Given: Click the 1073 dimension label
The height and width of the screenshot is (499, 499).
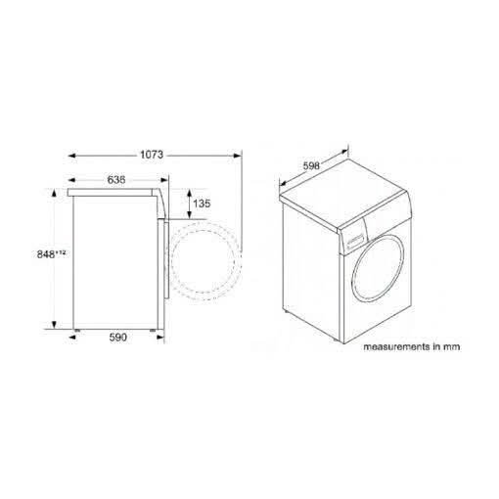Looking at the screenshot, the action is (152, 155).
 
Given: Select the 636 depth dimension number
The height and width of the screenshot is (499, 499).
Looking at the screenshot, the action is (116, 180).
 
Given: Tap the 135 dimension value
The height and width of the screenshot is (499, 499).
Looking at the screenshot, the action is (202, 204).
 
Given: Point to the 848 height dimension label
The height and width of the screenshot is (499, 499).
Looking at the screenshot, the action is (46, 254).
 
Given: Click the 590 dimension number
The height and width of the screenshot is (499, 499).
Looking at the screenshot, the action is (117, 338).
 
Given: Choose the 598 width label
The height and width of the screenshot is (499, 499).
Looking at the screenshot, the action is (311, 166).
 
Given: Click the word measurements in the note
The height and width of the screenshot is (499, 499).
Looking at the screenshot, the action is (396, 346).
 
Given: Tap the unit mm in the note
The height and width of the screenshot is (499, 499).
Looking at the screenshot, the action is (451, 347).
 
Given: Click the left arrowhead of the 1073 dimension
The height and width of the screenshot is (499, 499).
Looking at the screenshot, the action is (72, 156).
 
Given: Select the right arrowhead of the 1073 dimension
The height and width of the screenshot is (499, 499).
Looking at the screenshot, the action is (237, 156).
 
